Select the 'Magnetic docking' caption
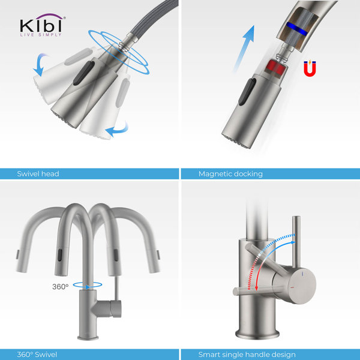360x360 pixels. pos(230,173)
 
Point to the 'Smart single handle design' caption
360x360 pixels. pos(247,354)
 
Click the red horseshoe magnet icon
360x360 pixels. pos(310,69)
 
